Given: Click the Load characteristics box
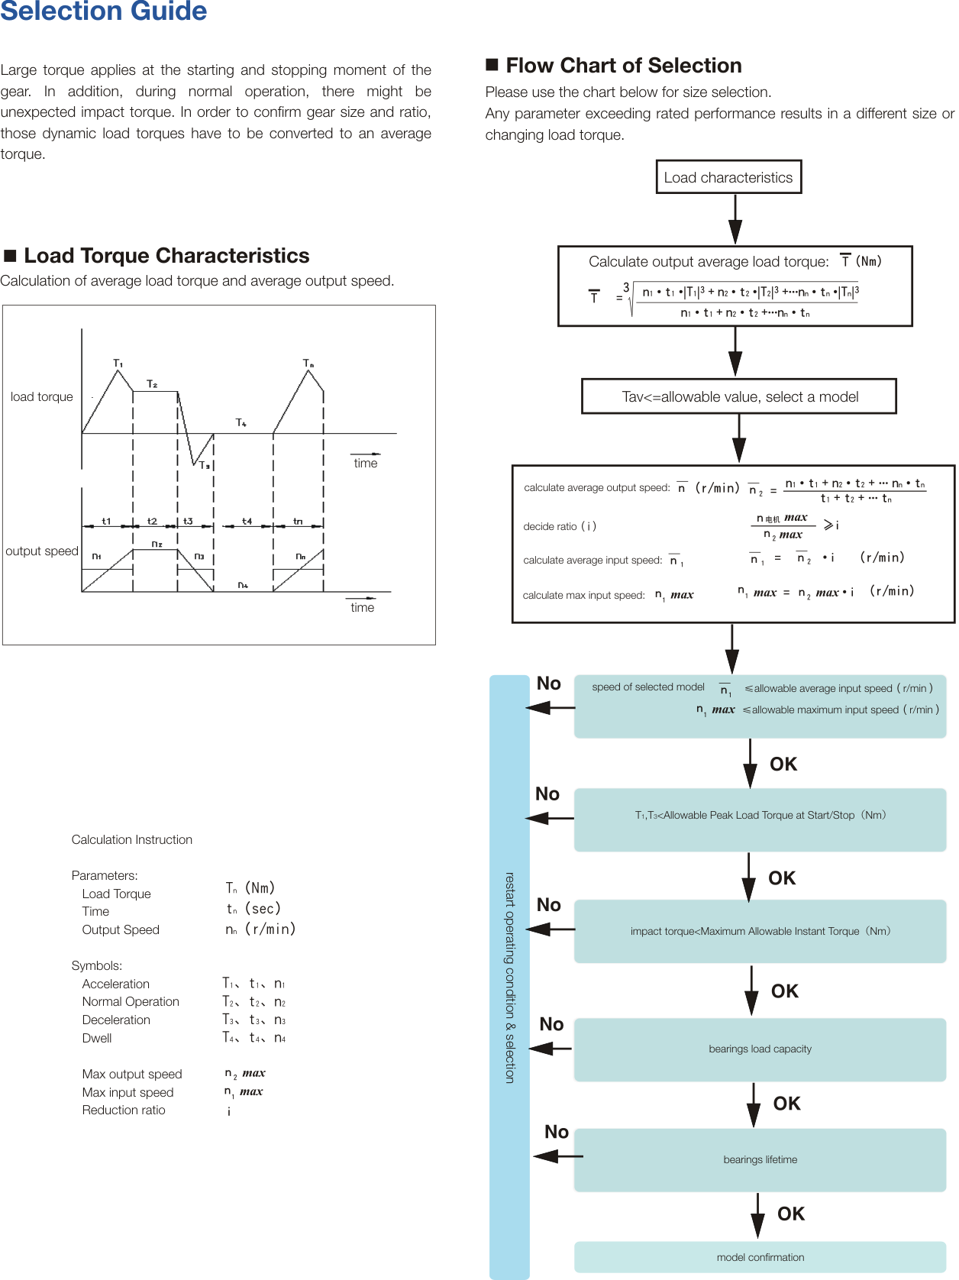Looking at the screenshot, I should point(728,177).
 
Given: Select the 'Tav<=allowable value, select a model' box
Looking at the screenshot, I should point(739,396).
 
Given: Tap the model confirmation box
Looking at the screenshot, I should point(760,1257).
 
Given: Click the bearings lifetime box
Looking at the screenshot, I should point(760,1159).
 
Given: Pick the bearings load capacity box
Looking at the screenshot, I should point(760,1049).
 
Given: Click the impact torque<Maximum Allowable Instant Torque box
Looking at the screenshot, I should point(760,931).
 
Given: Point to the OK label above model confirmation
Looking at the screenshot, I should point(791,1214).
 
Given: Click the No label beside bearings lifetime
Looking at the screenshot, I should point(557,1132).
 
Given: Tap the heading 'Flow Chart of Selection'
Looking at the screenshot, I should point(623,66).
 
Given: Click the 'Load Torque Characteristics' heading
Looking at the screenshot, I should point(166,255).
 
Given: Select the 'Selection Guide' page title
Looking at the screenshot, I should point(103,11).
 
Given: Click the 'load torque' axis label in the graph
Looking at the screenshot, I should point(42,397).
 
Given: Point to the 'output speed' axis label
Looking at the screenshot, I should point(42,551).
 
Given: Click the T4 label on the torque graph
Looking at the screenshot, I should point(241,422).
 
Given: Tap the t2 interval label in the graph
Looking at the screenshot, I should point(153,521).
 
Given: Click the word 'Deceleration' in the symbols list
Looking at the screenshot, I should point(116,1020).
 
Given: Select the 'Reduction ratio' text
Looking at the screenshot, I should point(124,1110).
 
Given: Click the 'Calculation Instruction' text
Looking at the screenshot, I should point(132,839).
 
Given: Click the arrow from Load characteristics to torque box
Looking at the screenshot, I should point(735,219).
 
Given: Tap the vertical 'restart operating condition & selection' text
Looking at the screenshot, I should point(509,978).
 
